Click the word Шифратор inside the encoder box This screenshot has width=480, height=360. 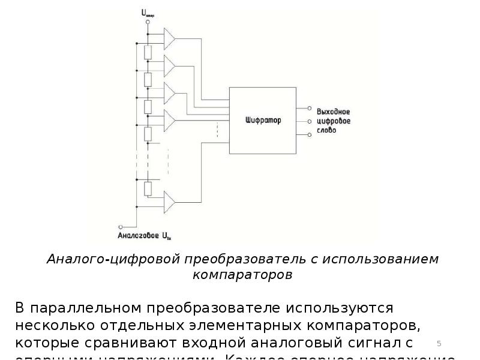point(263,121)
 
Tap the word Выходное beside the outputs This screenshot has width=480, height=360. point(334,112)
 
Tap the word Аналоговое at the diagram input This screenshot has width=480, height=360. point(137,236)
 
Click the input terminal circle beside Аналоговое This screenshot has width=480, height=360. point(121,227)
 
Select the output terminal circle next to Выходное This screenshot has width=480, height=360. point(310,109)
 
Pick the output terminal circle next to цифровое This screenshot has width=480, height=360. point(310,121)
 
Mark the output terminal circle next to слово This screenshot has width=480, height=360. point(310,134)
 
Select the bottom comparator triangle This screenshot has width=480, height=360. point(169,202)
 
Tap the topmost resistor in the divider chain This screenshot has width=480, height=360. point(149,52)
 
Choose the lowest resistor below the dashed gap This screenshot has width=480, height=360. point(149,188)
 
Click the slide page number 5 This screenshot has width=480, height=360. point(439,343)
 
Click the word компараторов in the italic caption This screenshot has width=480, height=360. point(243,275)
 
